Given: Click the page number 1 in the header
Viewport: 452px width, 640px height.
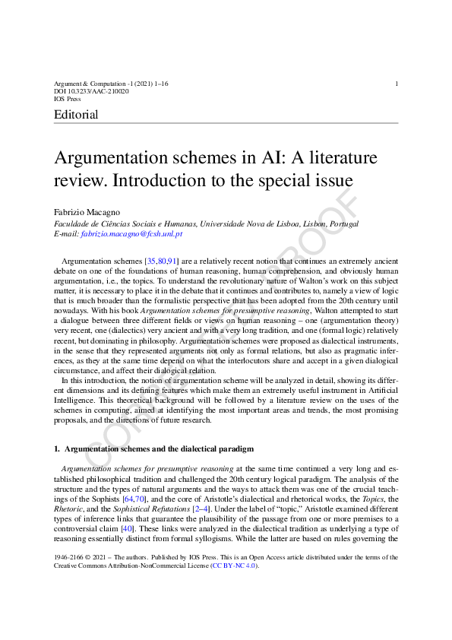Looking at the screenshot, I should click(397, 83).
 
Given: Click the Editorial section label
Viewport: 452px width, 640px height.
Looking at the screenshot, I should click(76, 116).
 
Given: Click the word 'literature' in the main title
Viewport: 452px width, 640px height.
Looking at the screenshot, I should click(340, 159).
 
